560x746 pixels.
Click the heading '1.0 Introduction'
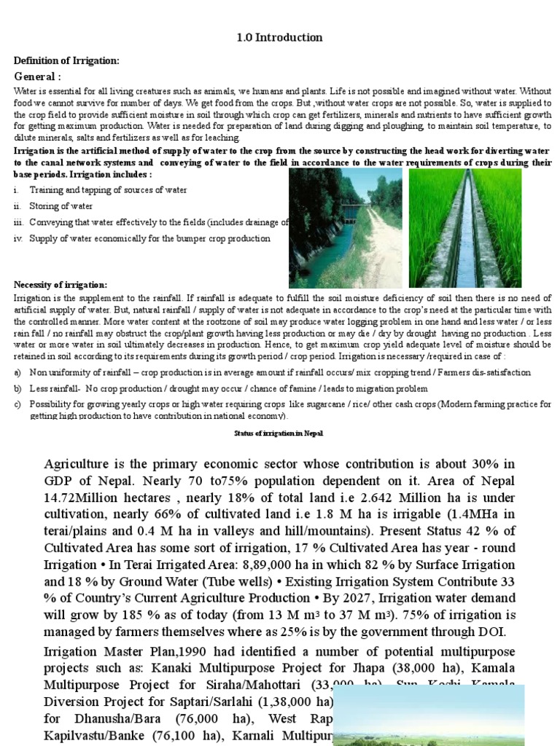pos(281,37)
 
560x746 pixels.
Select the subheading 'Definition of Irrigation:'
pos(66,60)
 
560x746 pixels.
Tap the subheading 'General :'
pos(39,76)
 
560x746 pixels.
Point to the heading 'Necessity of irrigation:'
pos(61,284)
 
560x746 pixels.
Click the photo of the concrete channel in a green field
pos(464,218)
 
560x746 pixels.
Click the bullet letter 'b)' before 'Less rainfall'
pos(17,388)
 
